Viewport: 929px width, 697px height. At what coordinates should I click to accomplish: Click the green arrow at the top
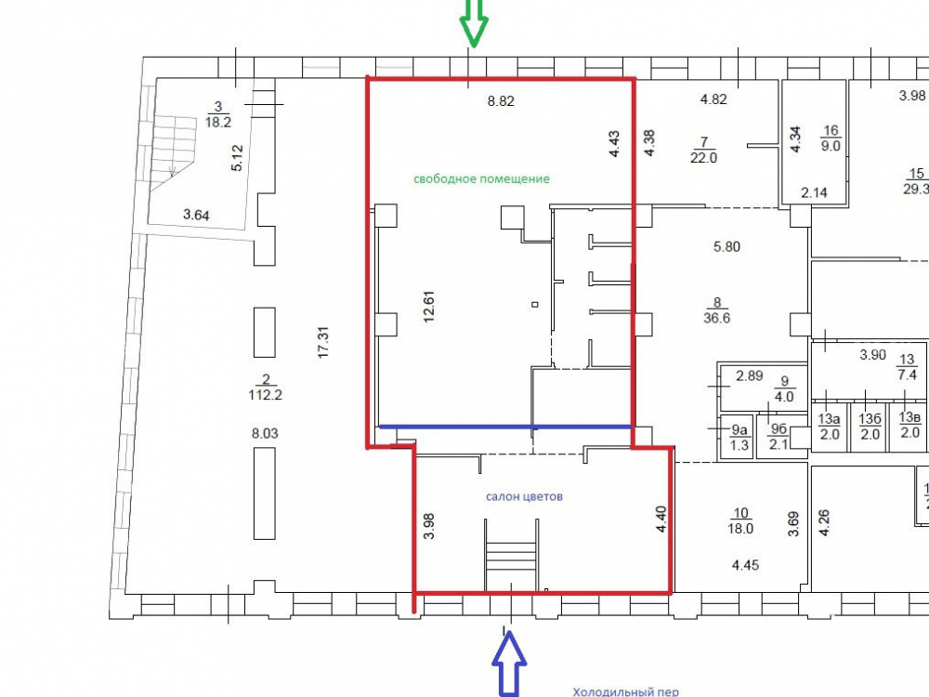[x=474, y=22]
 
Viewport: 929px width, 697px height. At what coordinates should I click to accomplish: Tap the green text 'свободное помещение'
[x=481, y=179]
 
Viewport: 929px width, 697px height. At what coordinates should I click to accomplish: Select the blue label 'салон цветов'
[x=524, y=496]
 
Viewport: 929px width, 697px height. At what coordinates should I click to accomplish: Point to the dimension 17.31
[x=323, y=342]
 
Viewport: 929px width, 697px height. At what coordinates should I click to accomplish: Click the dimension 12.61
[x=429, y=307]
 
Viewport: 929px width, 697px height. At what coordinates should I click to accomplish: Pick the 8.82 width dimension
[x=501, y=101]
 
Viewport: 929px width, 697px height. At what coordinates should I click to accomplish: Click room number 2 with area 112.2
[x=265, y=387]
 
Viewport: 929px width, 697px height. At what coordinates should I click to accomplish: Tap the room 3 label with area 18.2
[x=218, y=114]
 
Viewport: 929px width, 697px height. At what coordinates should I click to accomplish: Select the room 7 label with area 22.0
[x=704, y=150]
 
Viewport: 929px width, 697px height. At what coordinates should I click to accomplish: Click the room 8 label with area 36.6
[x=717, y=310]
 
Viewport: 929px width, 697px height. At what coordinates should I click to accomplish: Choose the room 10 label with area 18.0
[x=740, y=521]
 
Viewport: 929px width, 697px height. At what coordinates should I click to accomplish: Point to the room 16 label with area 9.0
[x=831, y=138]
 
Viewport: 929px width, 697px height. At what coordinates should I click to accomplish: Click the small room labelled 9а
[x=739, y=438]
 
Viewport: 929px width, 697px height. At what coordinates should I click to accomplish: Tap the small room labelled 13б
[x=870, y=427]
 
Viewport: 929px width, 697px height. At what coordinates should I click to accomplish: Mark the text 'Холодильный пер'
[x=625, y=691]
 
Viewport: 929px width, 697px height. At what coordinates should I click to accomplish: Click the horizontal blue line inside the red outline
[x=505, y=427]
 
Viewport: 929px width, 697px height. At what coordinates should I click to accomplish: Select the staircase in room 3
[x=173, y=153]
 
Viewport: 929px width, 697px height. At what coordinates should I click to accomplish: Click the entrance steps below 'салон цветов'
[x=511, y=555]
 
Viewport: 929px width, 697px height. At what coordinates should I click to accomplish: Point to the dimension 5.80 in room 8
[x=727, y=246]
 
